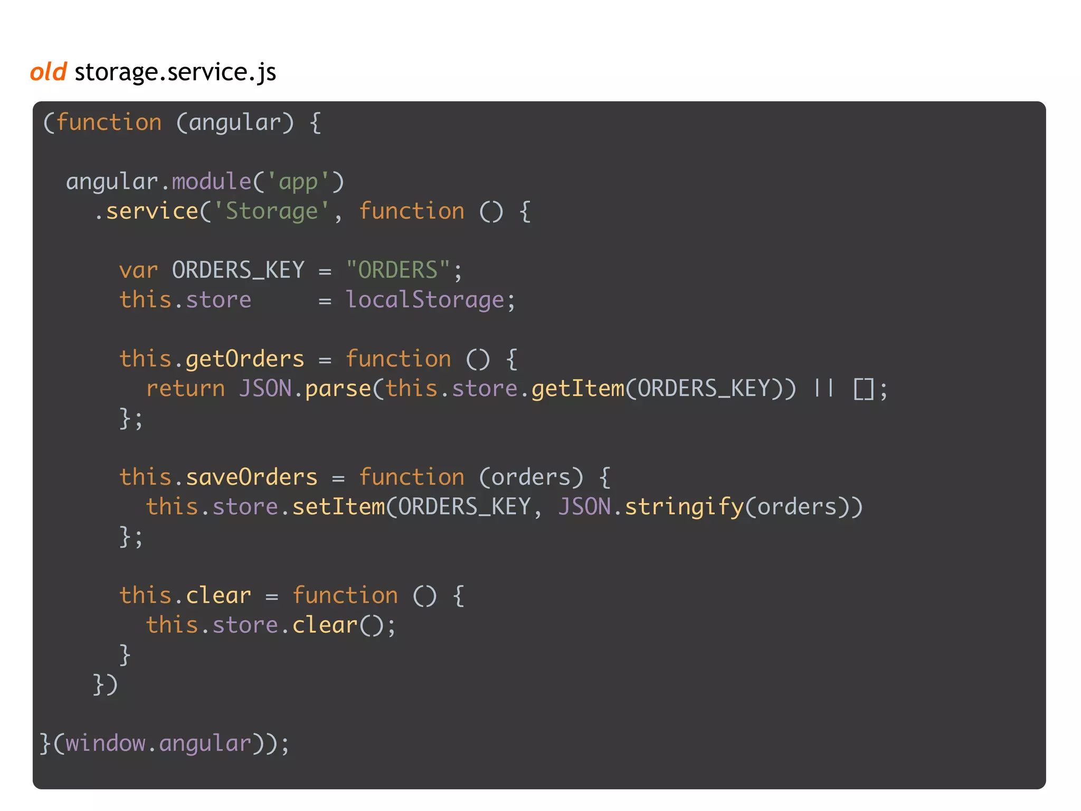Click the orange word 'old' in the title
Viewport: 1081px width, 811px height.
(49, 72)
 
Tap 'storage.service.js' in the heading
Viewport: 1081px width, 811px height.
(175, 72)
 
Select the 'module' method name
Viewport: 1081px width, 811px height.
(211, 182)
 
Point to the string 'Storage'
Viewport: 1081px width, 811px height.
(272, 211)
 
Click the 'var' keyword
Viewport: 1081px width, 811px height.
(138, 270)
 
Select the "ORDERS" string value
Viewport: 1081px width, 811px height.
(398, 270)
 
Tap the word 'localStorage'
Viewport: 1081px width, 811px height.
(425, 300)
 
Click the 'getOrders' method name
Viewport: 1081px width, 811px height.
(245, 359)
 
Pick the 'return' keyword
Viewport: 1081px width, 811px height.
(185, 389)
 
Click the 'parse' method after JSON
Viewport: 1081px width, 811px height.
(338, 389)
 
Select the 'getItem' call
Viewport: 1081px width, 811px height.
(577, 389)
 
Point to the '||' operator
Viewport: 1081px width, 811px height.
(823, 389)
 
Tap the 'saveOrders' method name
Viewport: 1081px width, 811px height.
(252, 477)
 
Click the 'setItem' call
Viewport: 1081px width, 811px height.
(338, 507)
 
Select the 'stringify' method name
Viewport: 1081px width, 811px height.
(684, 507)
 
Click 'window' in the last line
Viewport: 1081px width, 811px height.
(105, 743)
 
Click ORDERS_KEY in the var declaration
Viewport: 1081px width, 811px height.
(239, 270)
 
